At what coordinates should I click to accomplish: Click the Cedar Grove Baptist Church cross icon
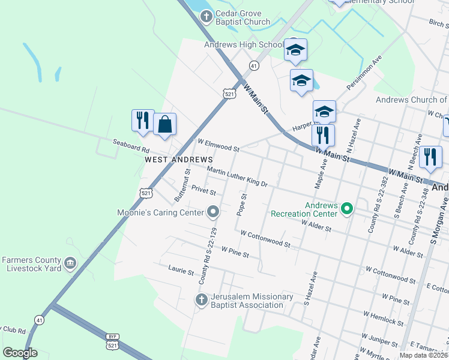(206, 16)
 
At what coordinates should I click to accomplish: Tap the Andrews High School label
(244, 45)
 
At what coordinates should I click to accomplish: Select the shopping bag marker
(164, 125)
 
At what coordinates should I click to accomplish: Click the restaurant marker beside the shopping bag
(142, 121)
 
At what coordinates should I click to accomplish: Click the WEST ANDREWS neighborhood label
(179, 160)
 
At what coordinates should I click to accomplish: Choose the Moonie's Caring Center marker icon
(213, 211)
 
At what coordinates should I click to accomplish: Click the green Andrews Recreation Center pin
(346, 209)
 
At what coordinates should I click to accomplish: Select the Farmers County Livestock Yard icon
(70, 263)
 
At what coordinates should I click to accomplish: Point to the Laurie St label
(181, 271)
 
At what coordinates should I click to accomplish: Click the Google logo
(20, 353)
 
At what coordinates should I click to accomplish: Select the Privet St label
(203, 191)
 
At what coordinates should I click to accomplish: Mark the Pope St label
(243, 205)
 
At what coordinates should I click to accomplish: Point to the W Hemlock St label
(383, 317)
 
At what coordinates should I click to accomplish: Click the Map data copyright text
(424, 355)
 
